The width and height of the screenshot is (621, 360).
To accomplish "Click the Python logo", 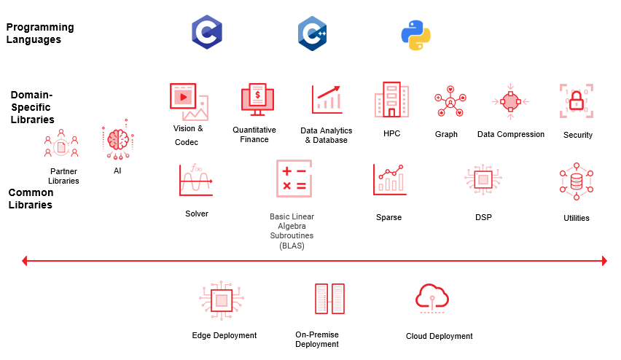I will pos(416,34).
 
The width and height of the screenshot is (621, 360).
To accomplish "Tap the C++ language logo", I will pos(312,34).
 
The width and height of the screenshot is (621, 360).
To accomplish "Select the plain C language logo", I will pos(206,33).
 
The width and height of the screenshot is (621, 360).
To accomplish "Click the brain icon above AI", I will pos(117,139).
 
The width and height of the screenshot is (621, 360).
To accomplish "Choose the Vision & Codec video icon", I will pos(189,101).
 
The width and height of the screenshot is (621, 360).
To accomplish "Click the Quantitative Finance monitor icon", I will pos(257,100).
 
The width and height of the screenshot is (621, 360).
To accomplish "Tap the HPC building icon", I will pos(391,100).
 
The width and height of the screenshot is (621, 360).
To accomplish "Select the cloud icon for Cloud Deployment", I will pos(432,297).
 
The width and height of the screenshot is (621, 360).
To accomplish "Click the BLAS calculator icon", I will pos(294,179).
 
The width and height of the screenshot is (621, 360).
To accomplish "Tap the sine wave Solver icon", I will pos(195,180).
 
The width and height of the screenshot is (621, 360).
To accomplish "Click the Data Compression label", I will pos(511,134).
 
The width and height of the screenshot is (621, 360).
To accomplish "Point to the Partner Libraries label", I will pos(63,176).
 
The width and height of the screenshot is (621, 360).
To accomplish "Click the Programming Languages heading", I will pos(40,34).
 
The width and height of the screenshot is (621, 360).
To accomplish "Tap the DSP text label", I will pos(483,217).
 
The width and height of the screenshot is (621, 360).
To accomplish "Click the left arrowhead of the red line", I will pos(25,260).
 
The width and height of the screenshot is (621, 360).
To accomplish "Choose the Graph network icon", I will pos(450,102).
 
